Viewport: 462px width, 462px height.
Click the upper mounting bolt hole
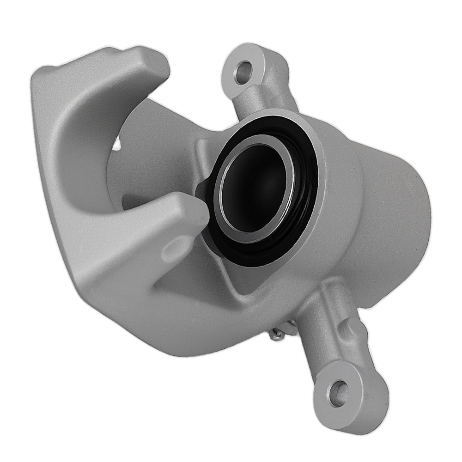[243, 73]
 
